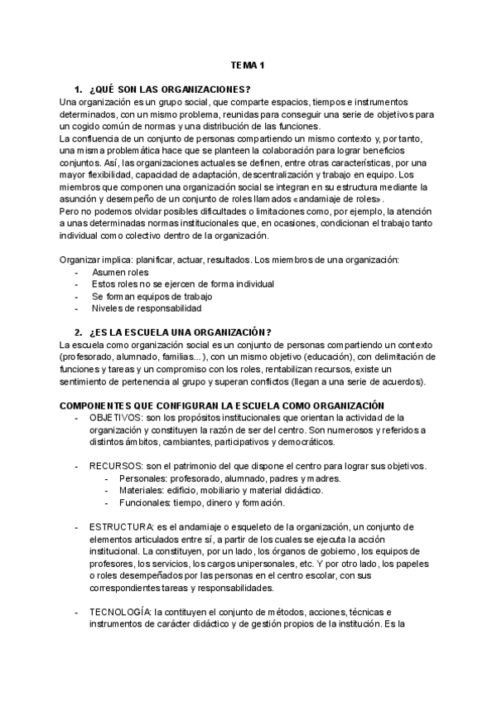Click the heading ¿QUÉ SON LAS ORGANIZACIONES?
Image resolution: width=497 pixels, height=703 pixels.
pyautogui.click(x=169, y=89)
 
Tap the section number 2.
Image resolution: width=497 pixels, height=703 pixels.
pyautogui.click(x=78, y=332)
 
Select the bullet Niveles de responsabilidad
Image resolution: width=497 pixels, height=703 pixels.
pyautogui.click(x=147, y=308)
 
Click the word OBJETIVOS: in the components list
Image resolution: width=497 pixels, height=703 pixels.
pyautogui.click(x=117, y=417)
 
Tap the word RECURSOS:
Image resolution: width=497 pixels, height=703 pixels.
pyautogui.click(x=115, y=466)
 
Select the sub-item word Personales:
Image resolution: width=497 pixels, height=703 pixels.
pyautogui.click(x=142, y=478)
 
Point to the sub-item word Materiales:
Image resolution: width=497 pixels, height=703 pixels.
pyautogui.click(x=142, y=491)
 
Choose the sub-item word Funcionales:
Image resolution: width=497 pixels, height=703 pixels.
pyautogui.click(x=145, y=502)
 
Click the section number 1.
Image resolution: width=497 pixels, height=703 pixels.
pyautogui.click(x=78, y=89)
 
